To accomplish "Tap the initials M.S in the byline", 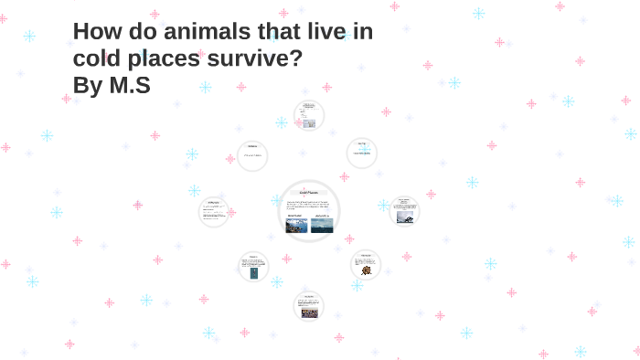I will point(131,87).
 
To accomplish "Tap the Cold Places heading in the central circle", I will point(309,193).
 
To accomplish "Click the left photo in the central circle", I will point(297,225).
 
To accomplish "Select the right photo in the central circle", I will point(322,225).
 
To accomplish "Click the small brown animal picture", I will point(366,270).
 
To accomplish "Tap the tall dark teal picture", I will point(253,272).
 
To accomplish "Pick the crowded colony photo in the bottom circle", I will point(309,312).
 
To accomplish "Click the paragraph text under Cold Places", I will point(309,205).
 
